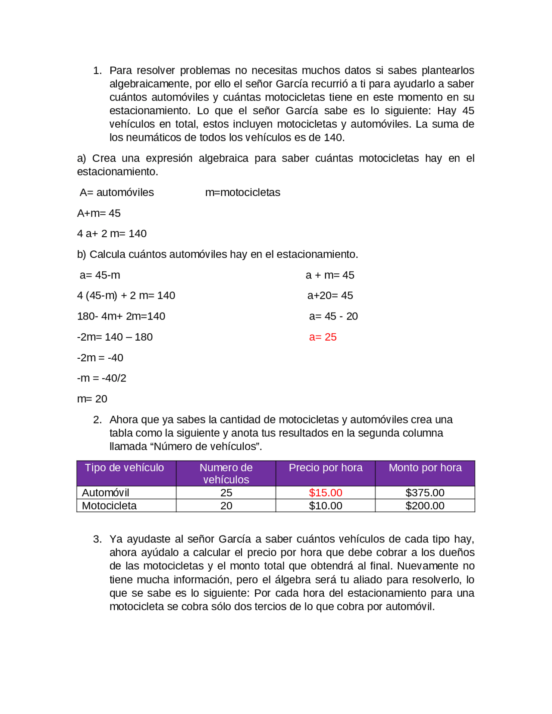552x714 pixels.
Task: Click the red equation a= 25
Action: (323, 337)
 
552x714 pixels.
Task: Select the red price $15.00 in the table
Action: (326, 493)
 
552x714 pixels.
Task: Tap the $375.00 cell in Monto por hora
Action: (425, 493)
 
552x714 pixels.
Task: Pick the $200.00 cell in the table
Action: (425, 506)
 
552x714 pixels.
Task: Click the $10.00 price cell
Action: (326, 506)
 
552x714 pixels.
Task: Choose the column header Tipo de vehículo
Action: (124, 468)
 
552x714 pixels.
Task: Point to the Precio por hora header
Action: (326, 468)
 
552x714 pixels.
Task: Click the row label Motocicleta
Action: (109, 506)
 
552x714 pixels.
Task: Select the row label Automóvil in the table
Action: (106, 493)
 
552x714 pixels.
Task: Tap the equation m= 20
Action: (92, 399)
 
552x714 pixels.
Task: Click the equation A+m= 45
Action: (99, 213)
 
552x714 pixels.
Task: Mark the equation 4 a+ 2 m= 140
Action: (112, 234)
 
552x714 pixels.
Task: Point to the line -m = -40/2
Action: (102, 378)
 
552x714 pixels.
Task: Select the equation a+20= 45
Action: (330, 296)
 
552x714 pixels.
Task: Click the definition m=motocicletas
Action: (243, 193)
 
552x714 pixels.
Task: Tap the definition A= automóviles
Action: (117, 193)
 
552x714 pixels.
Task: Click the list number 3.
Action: (97, 539)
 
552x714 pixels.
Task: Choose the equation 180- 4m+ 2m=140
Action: (121, 316)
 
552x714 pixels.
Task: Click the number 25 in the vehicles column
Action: (226, 493)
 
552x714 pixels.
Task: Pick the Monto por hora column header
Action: (425, 468)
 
